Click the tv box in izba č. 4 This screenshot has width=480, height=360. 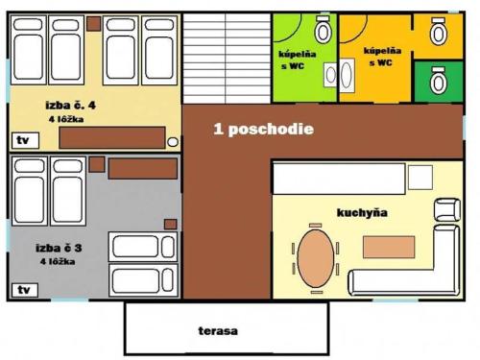pos(26,140)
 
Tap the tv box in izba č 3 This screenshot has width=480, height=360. pos(25,290)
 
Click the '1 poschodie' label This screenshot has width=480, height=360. pos(263,129)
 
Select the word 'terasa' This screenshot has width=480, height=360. pos(218,330)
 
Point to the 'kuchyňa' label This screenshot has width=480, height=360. pos(362,212)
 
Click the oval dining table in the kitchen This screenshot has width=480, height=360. pos(316,258)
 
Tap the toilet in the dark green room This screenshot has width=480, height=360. pos(439,81)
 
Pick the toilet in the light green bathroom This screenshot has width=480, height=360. pos(324,30)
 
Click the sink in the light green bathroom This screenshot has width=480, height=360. pos(330,75)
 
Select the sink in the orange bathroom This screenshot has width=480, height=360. pos(347,76)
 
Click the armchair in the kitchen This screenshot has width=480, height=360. pos(447,209)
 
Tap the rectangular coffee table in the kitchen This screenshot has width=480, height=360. pos(389,247)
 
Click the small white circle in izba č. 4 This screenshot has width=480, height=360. pos(173,142)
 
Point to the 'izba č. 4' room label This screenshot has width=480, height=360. pos(70,105)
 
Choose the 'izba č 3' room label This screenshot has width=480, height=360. pos(59,248)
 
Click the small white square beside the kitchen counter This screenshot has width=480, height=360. pos(420,178)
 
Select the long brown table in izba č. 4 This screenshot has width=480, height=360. pos(112,137)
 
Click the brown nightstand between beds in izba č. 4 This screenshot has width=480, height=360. pos(94,24)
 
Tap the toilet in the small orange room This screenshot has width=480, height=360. pos(439,32)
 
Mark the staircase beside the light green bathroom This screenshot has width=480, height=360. pos(227,59)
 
